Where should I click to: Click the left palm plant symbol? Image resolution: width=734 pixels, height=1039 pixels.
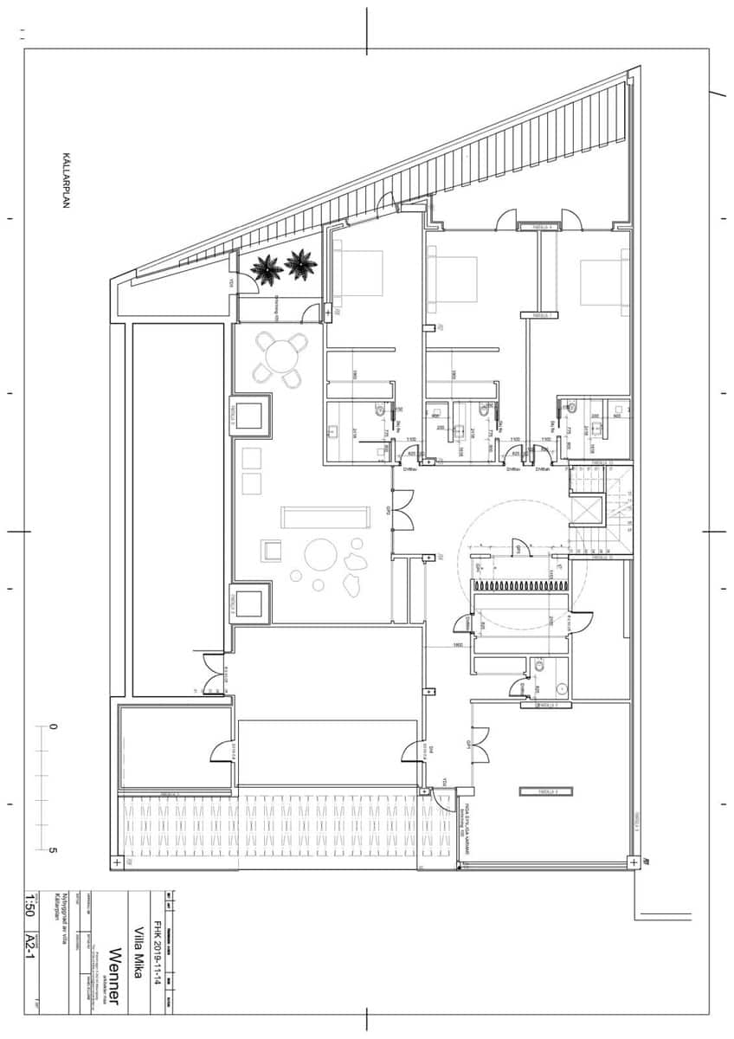tap(267, 269)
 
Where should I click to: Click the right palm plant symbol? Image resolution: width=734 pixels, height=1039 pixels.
tap(300, 263)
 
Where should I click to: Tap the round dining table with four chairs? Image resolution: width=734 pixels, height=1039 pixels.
tap(281, 357)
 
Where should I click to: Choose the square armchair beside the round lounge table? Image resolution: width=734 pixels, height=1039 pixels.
tap(272, 550)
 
